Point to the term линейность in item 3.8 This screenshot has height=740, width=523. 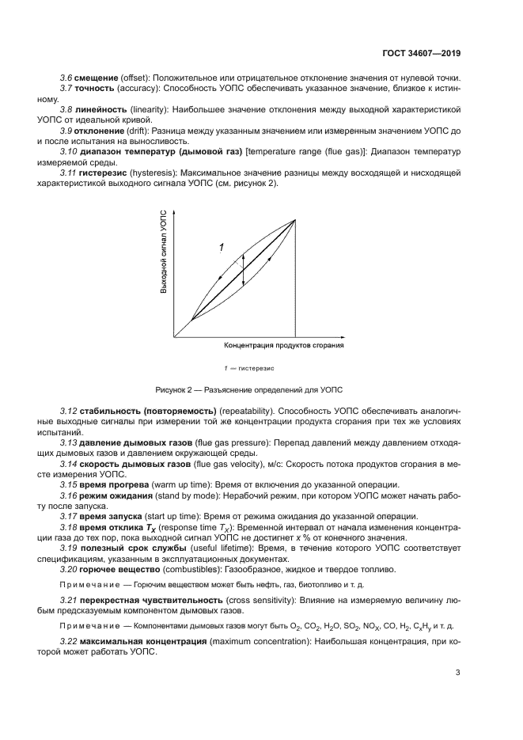pyautogui.click(x=100, y=109)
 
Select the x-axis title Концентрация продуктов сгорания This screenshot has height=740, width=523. pyautogui.click(x=284, y=346)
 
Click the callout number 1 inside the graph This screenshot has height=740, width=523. pyautogui.click(x=222, y=248)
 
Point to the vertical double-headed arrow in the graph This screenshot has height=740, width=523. pyautogui.click(x=243, y=269)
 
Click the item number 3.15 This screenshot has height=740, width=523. pyautogui.click(x=69, y=484)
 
